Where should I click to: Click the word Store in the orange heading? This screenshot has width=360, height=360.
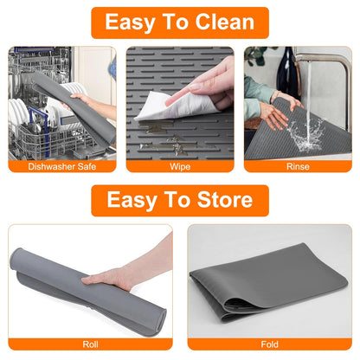[x=220, y=201]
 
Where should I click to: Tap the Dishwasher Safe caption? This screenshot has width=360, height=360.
[x=62, y=165]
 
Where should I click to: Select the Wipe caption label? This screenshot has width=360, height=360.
[x=180, y=165]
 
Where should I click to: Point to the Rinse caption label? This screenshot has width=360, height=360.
[x=298, y=165]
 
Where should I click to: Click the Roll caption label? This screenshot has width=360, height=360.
[x=90, y=343]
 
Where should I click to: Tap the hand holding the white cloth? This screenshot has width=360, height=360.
[x=211, y=82]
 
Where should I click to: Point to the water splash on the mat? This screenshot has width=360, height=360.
[x=303, y=130]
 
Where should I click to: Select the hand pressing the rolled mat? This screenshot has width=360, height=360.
[x=130, y=275]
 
